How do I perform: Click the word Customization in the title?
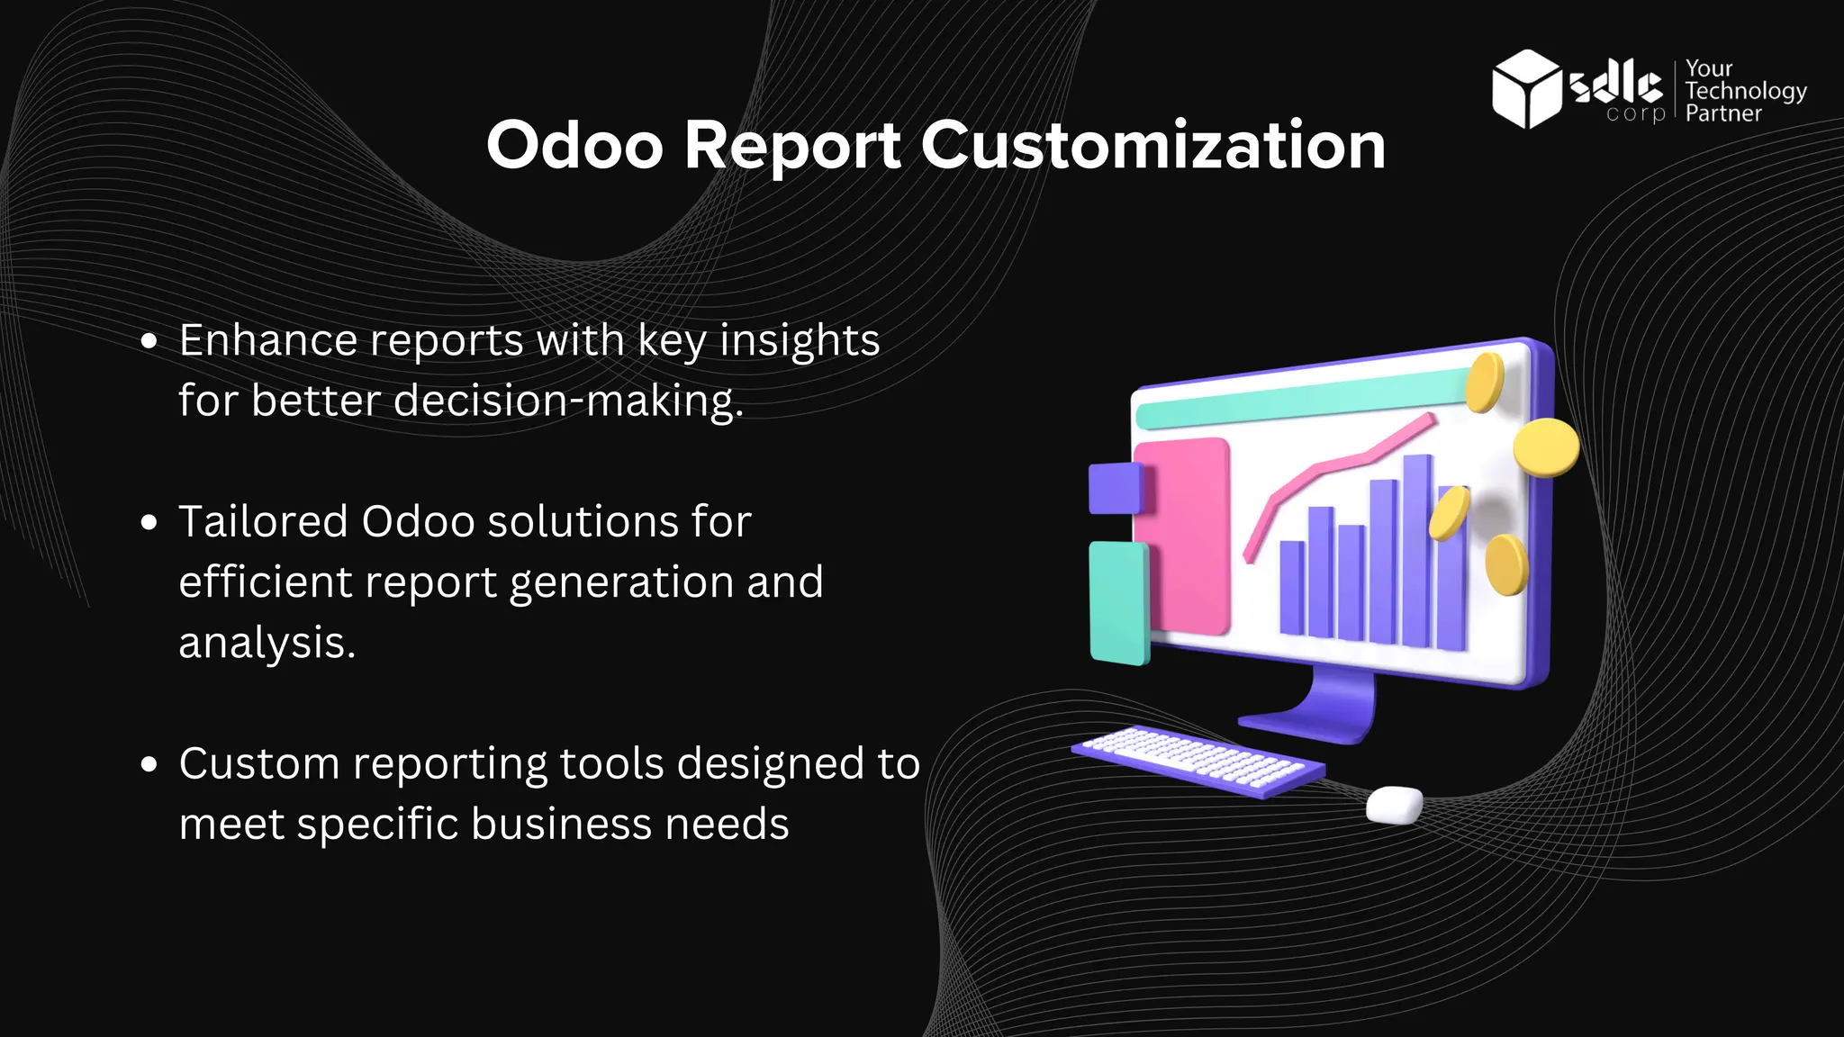tap(1152, 146)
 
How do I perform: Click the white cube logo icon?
tap(1526, 88)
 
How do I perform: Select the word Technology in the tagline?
tap(1745, 91)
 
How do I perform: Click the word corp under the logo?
tap(1635, 114)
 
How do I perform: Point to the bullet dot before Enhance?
tap(149, 342)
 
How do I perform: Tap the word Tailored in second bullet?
tap(263, 522)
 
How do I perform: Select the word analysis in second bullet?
tap(267, 644)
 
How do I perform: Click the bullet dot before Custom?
tap(149, 765)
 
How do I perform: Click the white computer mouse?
tap(1394, 804)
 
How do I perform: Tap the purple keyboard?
tap(1198, 761)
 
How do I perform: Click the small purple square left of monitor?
tap(1114, 488)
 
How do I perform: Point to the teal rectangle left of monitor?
tap(1118, 601)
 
